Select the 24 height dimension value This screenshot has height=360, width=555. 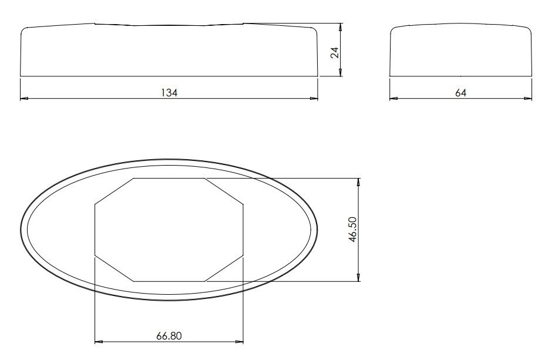coord(335,52)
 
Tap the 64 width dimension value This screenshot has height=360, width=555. coord(460,92)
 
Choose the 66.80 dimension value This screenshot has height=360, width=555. coord(169,336)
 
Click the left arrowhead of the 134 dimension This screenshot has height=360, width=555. coord(24,99)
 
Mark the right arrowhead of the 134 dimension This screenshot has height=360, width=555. coord(314,99)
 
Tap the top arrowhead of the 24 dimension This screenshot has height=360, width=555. coord(341,27)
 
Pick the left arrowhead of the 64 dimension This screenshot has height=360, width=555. coord(394,99)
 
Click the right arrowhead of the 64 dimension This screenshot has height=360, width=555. coord(529,99)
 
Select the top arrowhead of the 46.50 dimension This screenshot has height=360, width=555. coord(359,181)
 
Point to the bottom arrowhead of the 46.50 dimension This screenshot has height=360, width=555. coord(359,277)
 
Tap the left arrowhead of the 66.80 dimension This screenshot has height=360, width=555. coord(99,341)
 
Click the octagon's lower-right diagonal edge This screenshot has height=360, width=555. coord(224,269)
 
